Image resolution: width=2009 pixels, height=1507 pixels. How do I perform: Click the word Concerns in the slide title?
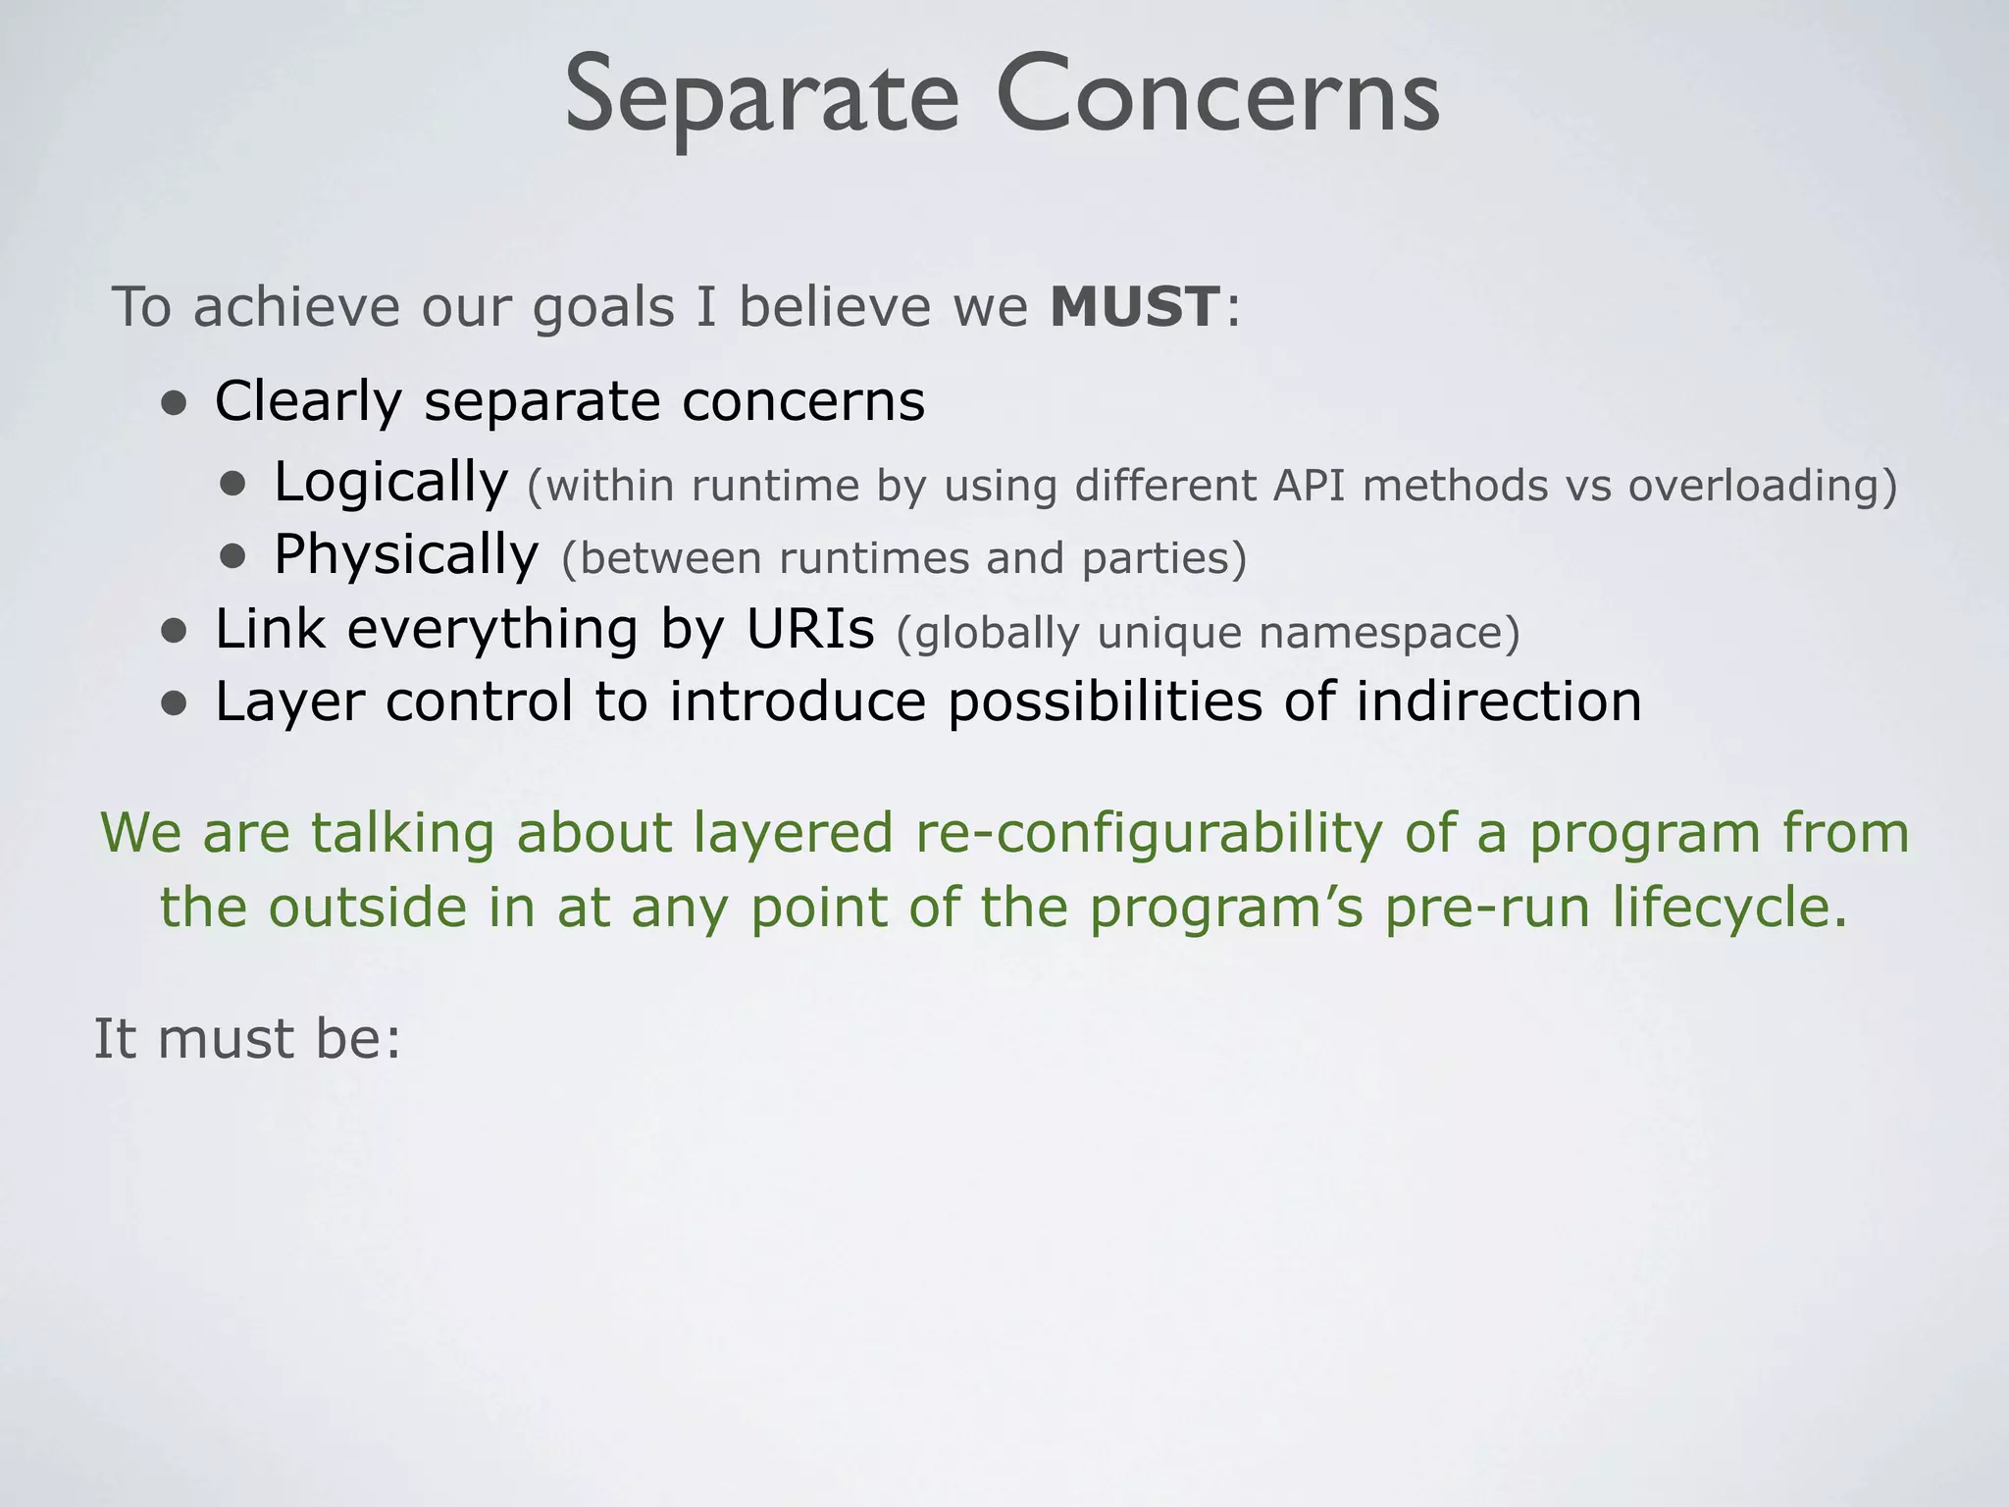tap(1216, 96)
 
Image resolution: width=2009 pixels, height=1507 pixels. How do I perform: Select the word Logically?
tap(390, 483)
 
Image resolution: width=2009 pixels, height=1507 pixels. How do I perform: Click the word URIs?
tap(809, 629)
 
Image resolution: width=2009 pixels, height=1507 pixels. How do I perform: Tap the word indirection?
tap(1498, 702)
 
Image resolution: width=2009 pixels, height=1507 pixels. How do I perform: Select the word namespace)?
tap(1389, 633)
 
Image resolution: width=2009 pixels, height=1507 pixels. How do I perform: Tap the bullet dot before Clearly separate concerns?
tap(175, 404)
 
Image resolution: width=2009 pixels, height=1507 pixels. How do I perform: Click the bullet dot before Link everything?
tap(175, 632)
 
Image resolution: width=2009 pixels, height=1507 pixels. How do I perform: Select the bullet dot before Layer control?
tap(175, 704)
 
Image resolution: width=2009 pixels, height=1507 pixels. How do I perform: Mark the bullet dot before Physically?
tap(233, 557)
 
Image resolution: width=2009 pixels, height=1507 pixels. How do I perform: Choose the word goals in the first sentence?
tap(603, 308)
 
